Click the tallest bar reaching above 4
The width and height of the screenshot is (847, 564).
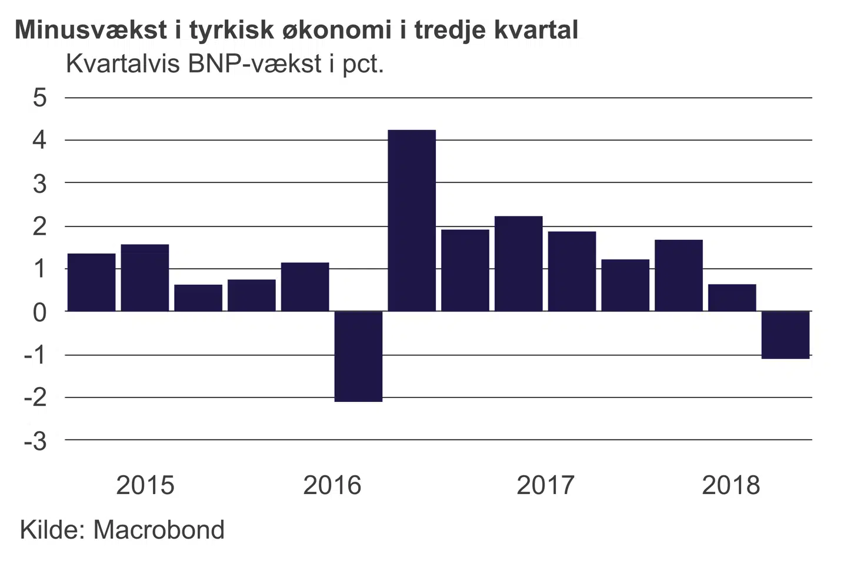coord(412,220)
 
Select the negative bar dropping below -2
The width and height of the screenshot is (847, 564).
coord(358,356)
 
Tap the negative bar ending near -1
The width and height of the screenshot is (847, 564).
coord(785,334)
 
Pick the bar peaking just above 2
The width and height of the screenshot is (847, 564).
coord(518,264)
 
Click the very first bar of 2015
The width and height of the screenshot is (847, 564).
coord(92,282)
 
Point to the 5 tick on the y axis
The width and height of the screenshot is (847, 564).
coord(39,98)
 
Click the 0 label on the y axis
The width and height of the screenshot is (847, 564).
coord(39,313)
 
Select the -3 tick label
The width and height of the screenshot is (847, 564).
coord(35,441)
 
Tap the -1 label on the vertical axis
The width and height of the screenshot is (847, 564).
coord(35,355)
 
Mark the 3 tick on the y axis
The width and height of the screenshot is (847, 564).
coord(39,184)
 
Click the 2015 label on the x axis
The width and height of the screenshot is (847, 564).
coord(145,485)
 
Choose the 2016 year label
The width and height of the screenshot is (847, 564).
coord(332,485)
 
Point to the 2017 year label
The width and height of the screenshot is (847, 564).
coord(545,485)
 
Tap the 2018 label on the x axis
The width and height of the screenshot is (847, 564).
coord(731,485)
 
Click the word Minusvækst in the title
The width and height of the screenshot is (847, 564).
coord(91,30)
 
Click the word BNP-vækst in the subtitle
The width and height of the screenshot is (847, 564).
coord(255,63)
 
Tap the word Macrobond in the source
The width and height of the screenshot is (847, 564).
coord(159,529)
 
